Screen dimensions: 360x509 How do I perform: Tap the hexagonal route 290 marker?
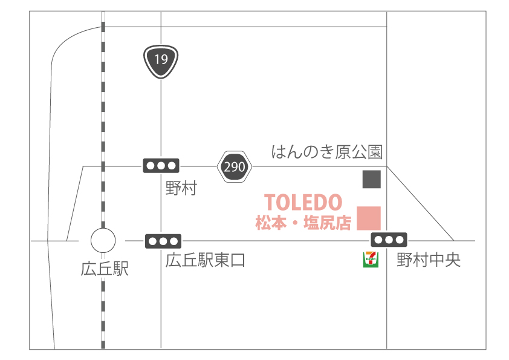234,166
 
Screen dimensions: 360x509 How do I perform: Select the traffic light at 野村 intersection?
161,165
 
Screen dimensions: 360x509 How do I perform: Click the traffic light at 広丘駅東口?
163,241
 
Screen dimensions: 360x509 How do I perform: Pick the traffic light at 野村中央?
389,239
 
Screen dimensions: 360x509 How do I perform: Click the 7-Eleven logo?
370,259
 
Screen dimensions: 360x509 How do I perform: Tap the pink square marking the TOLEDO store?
369,218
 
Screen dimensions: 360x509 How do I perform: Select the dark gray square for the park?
371,180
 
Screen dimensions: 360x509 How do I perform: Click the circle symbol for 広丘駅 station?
103,241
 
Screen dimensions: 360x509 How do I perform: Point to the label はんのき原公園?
326,151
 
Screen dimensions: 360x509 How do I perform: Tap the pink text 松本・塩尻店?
303,223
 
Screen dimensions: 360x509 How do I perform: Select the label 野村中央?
429,260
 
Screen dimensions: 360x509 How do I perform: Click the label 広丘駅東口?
206,261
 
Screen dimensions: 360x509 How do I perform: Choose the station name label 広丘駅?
105,269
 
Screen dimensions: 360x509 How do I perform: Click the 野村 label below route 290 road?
181,188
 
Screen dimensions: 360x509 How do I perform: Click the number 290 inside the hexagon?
234,166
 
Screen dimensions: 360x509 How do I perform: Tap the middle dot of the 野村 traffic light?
161,165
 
